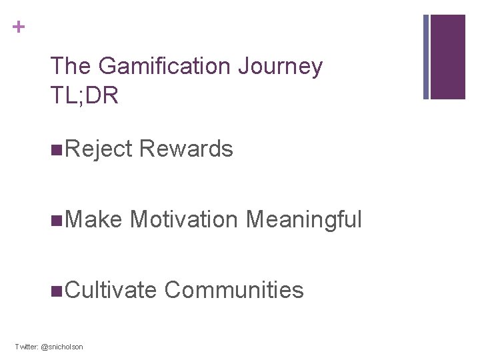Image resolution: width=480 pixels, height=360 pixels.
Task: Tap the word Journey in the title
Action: coord(293,67)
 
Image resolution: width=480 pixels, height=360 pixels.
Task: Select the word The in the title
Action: coord(71,67)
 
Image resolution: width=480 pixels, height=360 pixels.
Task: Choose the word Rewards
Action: coord(187,149)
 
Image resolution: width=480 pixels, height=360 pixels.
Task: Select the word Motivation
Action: coord(184,219)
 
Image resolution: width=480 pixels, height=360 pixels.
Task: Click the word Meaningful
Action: coord(303,219)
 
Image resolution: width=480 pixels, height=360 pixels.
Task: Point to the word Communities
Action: coord(233,290)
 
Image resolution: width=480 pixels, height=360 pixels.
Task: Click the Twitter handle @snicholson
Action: coord(63,347)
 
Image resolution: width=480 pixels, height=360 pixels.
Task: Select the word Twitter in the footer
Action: coord(27,347)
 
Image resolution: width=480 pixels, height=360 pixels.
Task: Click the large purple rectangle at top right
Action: coord(447,57)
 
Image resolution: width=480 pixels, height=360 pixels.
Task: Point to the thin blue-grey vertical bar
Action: coord(426,57)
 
